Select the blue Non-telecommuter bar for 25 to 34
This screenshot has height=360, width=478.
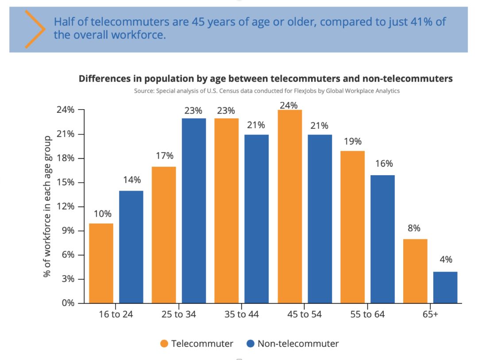(193, 211)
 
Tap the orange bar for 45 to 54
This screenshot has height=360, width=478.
(290, 207)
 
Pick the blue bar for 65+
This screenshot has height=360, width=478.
(445, 287)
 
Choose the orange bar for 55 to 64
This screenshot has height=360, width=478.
(353, 227)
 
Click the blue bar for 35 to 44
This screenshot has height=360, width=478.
(257, 219)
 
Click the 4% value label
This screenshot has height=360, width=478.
(446, 260)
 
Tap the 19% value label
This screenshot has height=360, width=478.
(353, 142)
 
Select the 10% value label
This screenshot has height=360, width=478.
(102, 214)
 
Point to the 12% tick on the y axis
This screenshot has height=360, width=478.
(65, 207)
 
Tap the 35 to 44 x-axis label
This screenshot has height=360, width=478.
(241, 315)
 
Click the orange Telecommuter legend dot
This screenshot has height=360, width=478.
(164, 344)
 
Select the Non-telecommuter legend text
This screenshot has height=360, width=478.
(298, 344)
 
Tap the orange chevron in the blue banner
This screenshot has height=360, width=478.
(35, 28)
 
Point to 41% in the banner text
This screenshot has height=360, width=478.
(422, 22)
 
